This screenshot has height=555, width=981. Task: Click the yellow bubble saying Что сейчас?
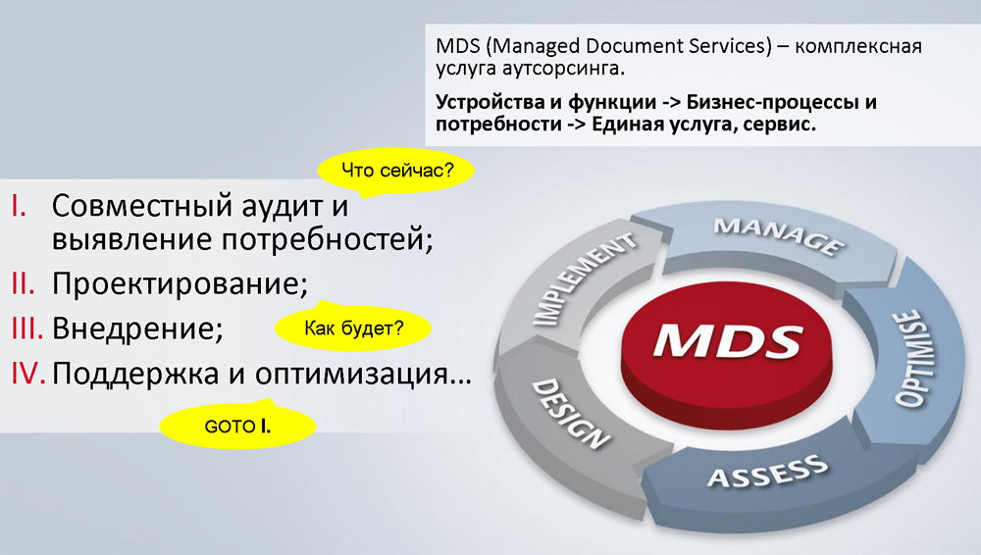coord(396,171)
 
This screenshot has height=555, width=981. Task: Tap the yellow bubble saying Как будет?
coord(353,328)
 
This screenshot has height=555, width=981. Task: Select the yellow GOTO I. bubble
coord(237,427)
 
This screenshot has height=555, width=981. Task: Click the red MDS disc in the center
coord(727,354)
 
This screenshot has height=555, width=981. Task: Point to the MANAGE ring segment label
coord(780,236)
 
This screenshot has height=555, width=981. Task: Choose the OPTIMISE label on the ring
coord(911,359)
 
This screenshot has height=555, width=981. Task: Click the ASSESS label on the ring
coord(768,471)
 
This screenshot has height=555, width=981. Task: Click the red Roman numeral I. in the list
coord(19,206)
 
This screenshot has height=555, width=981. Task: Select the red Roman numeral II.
coord(24,284)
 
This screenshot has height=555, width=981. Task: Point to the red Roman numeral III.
coord(26,328)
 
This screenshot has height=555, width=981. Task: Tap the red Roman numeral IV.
coord(28,373)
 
